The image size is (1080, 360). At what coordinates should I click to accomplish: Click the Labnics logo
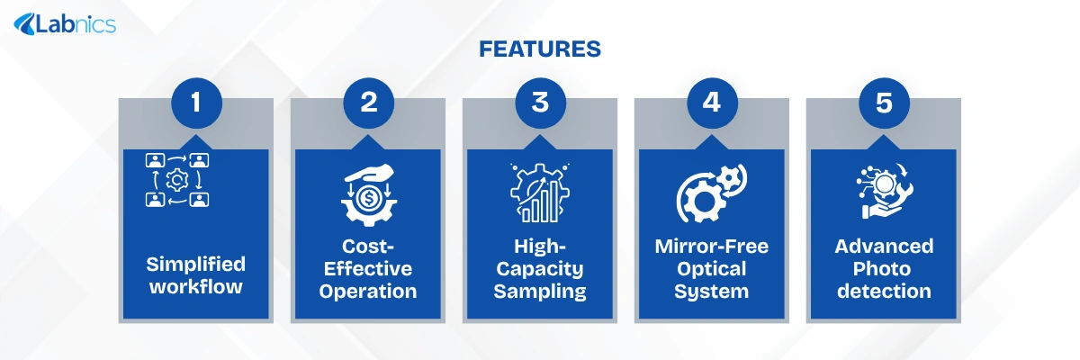[x=65, y=24]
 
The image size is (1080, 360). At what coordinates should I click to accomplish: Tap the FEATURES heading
[x=540, y=49]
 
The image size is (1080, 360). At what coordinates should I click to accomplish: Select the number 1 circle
[x=197, y=103]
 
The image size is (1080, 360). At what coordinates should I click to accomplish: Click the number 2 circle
[x=369, y=103]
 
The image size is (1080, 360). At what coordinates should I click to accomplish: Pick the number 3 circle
[x=541, y=103]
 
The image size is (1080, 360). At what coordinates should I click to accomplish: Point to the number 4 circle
[x=712, y=103]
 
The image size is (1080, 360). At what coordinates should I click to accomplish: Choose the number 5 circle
[x=884, y=103]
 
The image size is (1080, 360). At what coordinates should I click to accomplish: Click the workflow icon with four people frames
[x=177, y=180]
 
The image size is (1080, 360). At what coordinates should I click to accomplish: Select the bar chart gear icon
[x=540, y=193]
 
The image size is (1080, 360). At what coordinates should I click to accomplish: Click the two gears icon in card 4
[x=712, y=193]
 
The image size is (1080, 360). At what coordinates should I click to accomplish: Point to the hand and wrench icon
[x=884, y=192]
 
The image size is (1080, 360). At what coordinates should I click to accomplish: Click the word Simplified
[x=196, y=265]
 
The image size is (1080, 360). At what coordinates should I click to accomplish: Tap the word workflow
[x=196, y=287]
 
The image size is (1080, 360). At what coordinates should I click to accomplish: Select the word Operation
[x=368, y=292]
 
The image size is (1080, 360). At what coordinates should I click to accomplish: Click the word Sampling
[x=540, y=292]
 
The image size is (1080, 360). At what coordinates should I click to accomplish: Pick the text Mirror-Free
[x=712, y=247]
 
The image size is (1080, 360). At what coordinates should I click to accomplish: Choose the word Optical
[x=712, y=269]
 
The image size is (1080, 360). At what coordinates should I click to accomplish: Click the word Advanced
[x=884, y=247]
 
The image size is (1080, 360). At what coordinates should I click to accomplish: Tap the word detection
[x=884, y=291]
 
